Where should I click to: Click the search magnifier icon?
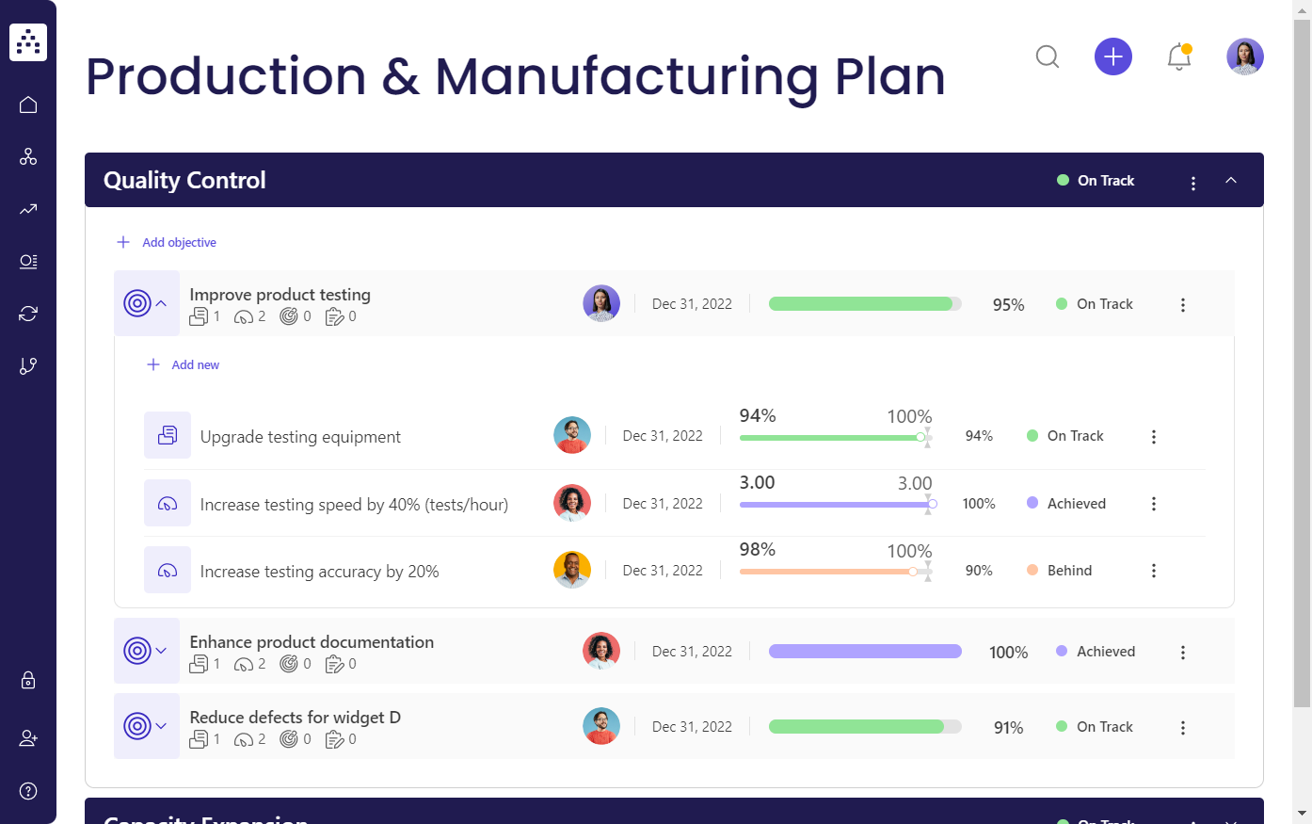click(1047, 57)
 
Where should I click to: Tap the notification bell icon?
click(1178, 57)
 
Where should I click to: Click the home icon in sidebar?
click(28, 105)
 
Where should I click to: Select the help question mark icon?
click(28, 791)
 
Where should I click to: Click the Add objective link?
click(179, 243)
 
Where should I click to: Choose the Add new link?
click(195, 365)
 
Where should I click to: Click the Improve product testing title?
click(280, 295)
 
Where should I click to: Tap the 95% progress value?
click(1008, 305)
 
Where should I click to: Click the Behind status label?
click(1069, 571)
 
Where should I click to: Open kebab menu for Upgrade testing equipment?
click(1154, 437)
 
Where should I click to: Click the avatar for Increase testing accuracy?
click(572, 570)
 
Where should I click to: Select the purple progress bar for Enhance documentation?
click(865, 652)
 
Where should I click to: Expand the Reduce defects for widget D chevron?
click(161, 727)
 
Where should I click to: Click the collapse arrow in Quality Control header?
click(1231, 181)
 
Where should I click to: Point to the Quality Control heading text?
click(184, 181)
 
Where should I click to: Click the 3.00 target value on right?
click(914, 484)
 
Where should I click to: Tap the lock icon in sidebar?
click(28, 680)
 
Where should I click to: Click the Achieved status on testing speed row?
click(1076, 504)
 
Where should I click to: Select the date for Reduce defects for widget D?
click(692, 727)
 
